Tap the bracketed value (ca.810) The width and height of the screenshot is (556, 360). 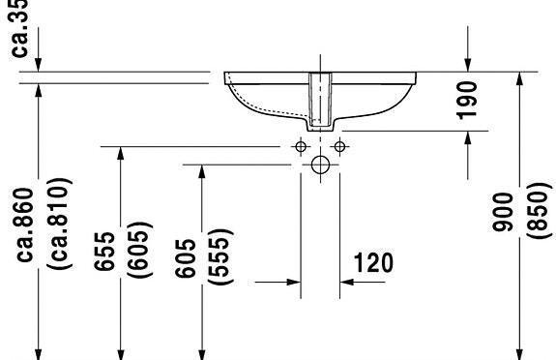[56, 224]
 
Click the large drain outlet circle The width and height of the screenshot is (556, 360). [320, 165]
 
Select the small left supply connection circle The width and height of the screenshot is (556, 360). [301, 147]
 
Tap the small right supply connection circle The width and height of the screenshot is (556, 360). [339, 147]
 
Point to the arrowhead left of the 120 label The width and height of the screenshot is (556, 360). [293, 284]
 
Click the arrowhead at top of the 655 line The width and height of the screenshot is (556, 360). [120, 154]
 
